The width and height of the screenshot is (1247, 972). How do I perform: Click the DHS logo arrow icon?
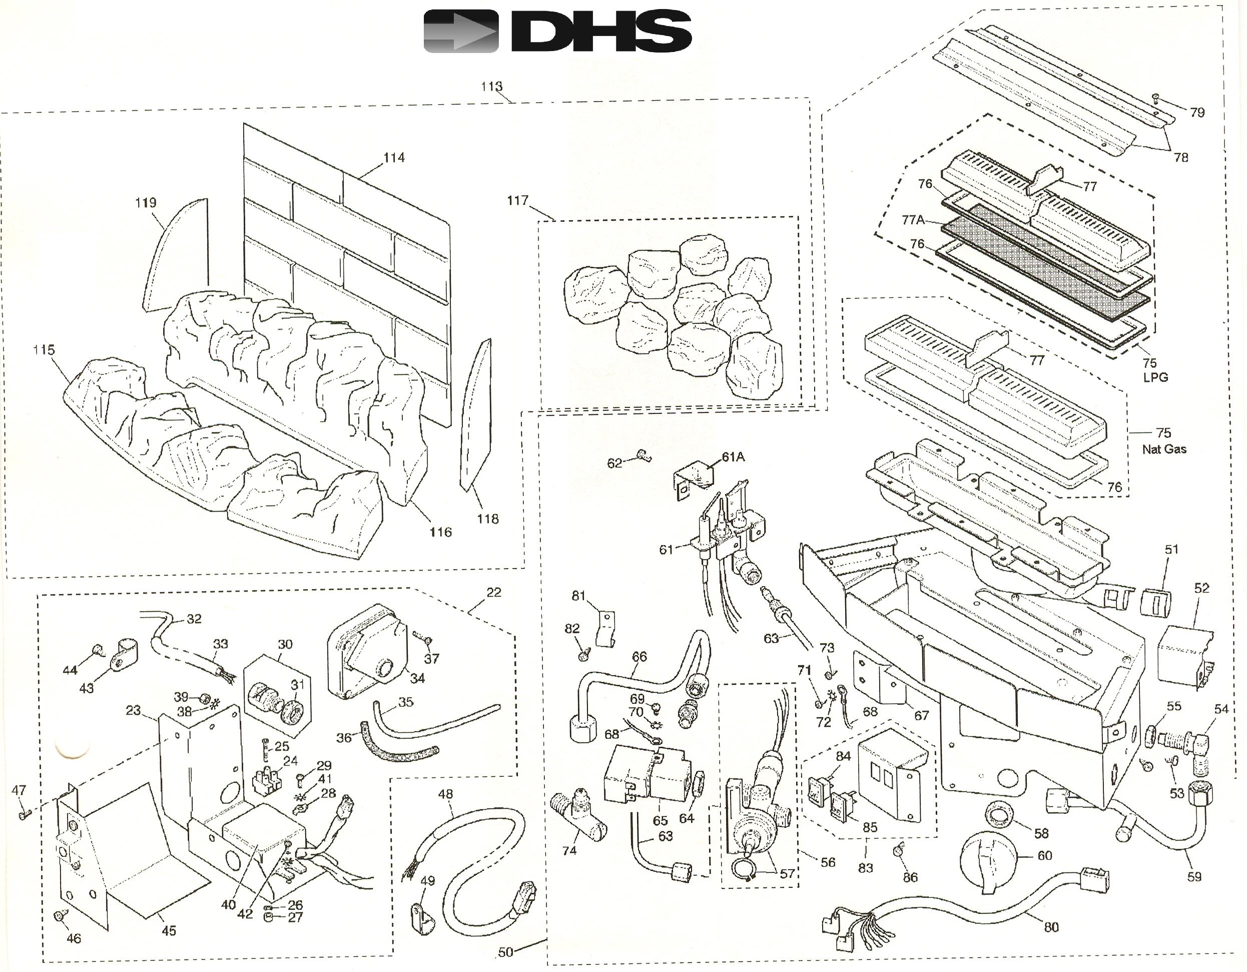coord(461,32)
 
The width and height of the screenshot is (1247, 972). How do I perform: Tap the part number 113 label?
coord(491,86)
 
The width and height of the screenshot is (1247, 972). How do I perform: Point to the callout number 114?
coord(394,157)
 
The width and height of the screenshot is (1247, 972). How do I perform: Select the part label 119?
coord(146,203)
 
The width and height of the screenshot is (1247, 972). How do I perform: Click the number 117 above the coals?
coord(517,200)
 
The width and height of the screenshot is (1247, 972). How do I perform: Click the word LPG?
coord(1155,377)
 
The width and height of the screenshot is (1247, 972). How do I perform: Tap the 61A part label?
coord(733,457)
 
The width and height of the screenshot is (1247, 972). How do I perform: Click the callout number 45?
coord(169,931)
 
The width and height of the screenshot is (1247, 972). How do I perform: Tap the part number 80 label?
coord(1052,927)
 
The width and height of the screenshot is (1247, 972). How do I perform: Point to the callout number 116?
coord(440,532)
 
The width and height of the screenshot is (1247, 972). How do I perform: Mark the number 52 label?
coord(1202,588)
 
